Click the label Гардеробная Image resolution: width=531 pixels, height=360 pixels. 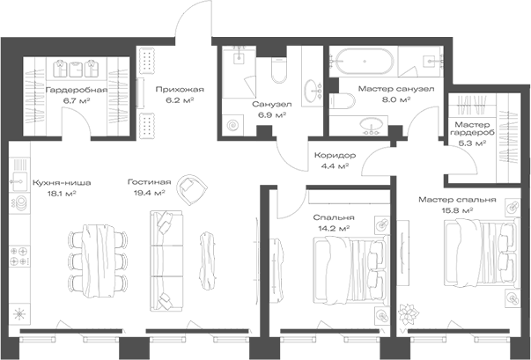pyautogui.click(x=77, y=90)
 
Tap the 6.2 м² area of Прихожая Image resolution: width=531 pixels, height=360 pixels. pyautogui.click(x=181, y=101)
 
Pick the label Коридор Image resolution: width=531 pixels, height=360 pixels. pyautogui.click(x=333, y=155)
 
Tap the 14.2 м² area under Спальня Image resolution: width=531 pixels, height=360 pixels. pyautogui.click(x=334, y=228)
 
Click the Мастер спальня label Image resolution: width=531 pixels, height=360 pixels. pyautogui.click(x=457, y=200)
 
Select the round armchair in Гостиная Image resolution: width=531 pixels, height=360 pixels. pyautogui.click(x=190, y=188)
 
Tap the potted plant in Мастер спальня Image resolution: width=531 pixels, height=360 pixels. pyautogui.click(x=410, y=312)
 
